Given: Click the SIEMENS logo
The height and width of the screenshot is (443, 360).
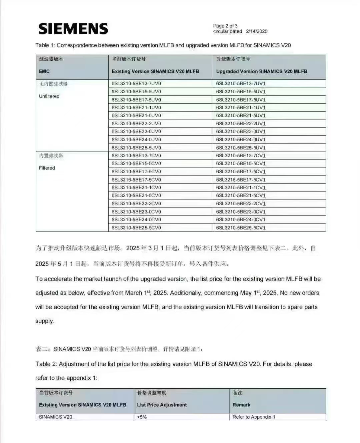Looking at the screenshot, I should [x=73, y=29].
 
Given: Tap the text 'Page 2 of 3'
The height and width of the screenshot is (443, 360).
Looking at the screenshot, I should [x=225, y=26].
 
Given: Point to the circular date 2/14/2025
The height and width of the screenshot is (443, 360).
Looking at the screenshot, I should [x=257, y=31].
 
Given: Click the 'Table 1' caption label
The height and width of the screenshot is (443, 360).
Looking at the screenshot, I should [x=45, y=45].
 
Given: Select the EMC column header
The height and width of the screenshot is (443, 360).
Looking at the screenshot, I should [x=44, y=71].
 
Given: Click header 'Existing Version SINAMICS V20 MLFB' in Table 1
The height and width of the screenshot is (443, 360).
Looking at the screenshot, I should [x=155, y=71].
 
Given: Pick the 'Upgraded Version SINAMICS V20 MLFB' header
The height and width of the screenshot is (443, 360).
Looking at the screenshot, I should [x=262, y=71].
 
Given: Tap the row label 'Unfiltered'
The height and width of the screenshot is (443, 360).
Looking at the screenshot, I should [x=49, y=96].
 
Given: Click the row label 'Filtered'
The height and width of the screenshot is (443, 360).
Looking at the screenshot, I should [x=47, y=168].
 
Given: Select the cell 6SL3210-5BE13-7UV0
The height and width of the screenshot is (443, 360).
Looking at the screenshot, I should [x=136, y=83].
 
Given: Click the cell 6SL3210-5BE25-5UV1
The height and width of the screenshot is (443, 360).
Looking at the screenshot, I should [x=241, y=148].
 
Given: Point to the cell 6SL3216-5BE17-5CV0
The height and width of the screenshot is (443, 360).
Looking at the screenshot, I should [x=136, y=180].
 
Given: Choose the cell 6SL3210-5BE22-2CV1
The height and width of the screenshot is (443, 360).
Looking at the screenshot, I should [x=241, y=204].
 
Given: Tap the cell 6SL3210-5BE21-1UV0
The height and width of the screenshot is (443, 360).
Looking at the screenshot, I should [x=136, y=108].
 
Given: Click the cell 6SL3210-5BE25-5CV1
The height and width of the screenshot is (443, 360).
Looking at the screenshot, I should [x=241, y=228].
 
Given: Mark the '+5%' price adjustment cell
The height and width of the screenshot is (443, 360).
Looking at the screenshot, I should [x=142, y=417].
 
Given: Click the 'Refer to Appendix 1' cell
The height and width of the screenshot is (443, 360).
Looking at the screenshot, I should [x=254, y=417].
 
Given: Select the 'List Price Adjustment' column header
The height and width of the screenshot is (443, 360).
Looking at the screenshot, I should [x=162, y=405].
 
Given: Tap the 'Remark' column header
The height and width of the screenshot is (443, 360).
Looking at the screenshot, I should [x=241, y=405].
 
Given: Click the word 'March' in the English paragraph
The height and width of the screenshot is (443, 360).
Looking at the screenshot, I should [x=133, y=293].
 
